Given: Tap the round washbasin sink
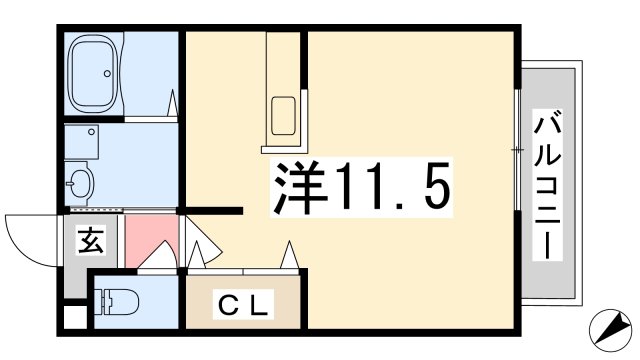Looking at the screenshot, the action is pyautogui.click(x=80, y=183).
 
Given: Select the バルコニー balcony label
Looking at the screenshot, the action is pyautogui.click(x=547, y=185).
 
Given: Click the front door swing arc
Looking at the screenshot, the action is pyautogui.click(x=30, y=237).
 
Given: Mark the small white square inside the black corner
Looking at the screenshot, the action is pyautogui.click(x=70, y=323).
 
